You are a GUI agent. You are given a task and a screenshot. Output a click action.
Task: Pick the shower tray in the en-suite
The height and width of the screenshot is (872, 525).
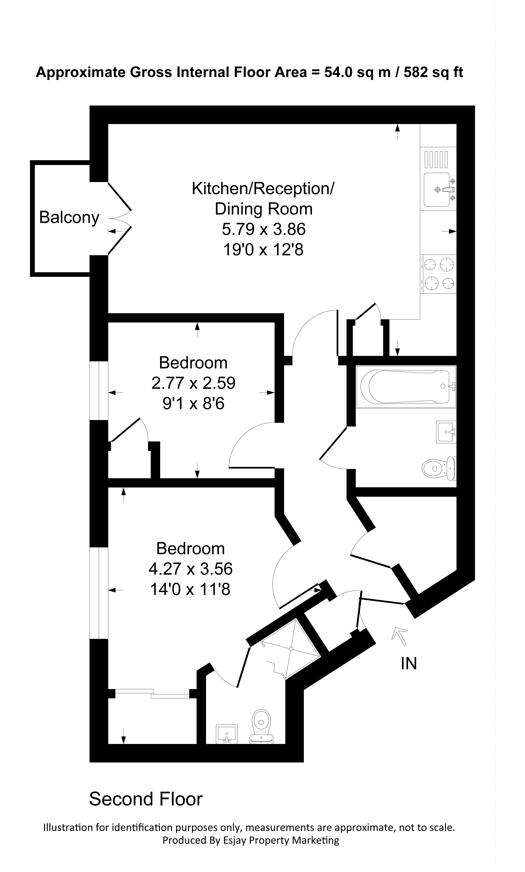coord(291,649)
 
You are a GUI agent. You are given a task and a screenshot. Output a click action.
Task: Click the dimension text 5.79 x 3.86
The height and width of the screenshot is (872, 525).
coord(263,229)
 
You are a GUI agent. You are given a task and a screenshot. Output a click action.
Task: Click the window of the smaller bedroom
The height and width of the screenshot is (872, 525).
coord(99,390)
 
